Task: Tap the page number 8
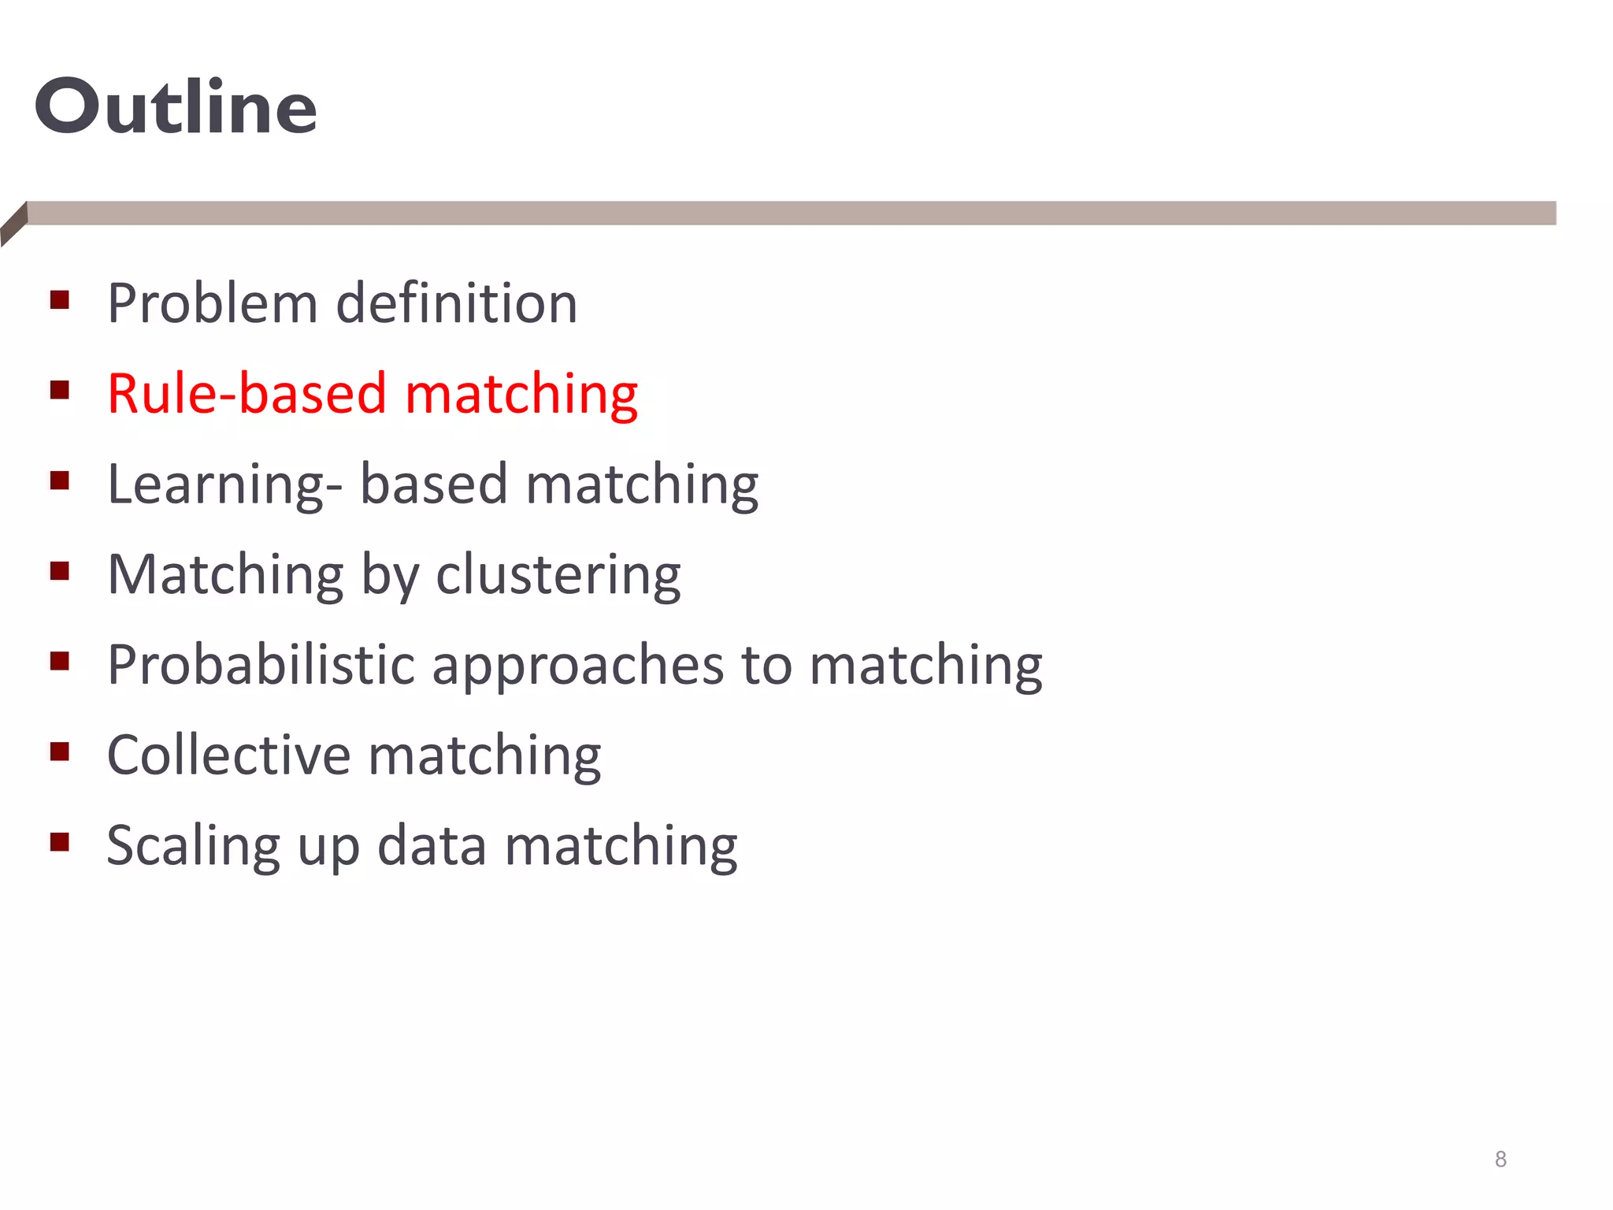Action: [1500, 1159]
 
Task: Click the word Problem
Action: [212, 303]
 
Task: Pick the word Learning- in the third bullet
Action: [224, 485]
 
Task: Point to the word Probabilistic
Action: [261, 666]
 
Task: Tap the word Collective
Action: [228, 755]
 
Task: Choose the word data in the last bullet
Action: [432, 846]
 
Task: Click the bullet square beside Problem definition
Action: [60, 300]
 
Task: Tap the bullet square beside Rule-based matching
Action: [60, 390]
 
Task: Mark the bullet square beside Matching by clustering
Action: [60, 570]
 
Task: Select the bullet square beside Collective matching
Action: [60, 752]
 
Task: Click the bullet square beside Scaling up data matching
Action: [60, 842]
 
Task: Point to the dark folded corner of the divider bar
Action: [14, 224]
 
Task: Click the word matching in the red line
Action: [521, 395]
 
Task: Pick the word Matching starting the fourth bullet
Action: [225, 575]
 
